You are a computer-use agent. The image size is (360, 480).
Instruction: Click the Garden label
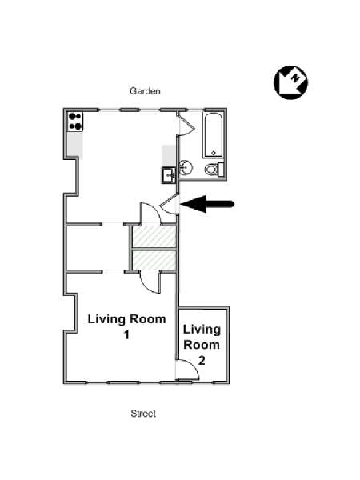145,91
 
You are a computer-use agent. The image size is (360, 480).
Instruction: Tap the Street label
143,414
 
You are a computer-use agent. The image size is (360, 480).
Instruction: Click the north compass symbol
290,82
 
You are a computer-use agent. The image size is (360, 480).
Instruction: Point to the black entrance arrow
207,204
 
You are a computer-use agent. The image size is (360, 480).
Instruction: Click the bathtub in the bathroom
214,135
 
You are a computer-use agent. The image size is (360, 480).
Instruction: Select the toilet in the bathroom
214,170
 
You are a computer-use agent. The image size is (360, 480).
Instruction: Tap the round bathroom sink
186,167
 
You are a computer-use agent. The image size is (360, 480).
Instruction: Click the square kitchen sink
169,175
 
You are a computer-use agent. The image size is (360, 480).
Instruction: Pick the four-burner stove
75,122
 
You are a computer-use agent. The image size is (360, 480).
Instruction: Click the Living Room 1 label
126,326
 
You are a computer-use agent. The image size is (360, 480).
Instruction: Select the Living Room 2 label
202,345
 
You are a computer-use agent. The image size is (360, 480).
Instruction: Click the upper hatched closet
154,236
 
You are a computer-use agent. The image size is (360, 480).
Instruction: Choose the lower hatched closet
154,260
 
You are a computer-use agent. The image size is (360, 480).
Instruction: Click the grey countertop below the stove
75,145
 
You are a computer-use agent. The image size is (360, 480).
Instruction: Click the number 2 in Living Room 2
202,360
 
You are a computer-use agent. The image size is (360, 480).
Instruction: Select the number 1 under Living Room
126,334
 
